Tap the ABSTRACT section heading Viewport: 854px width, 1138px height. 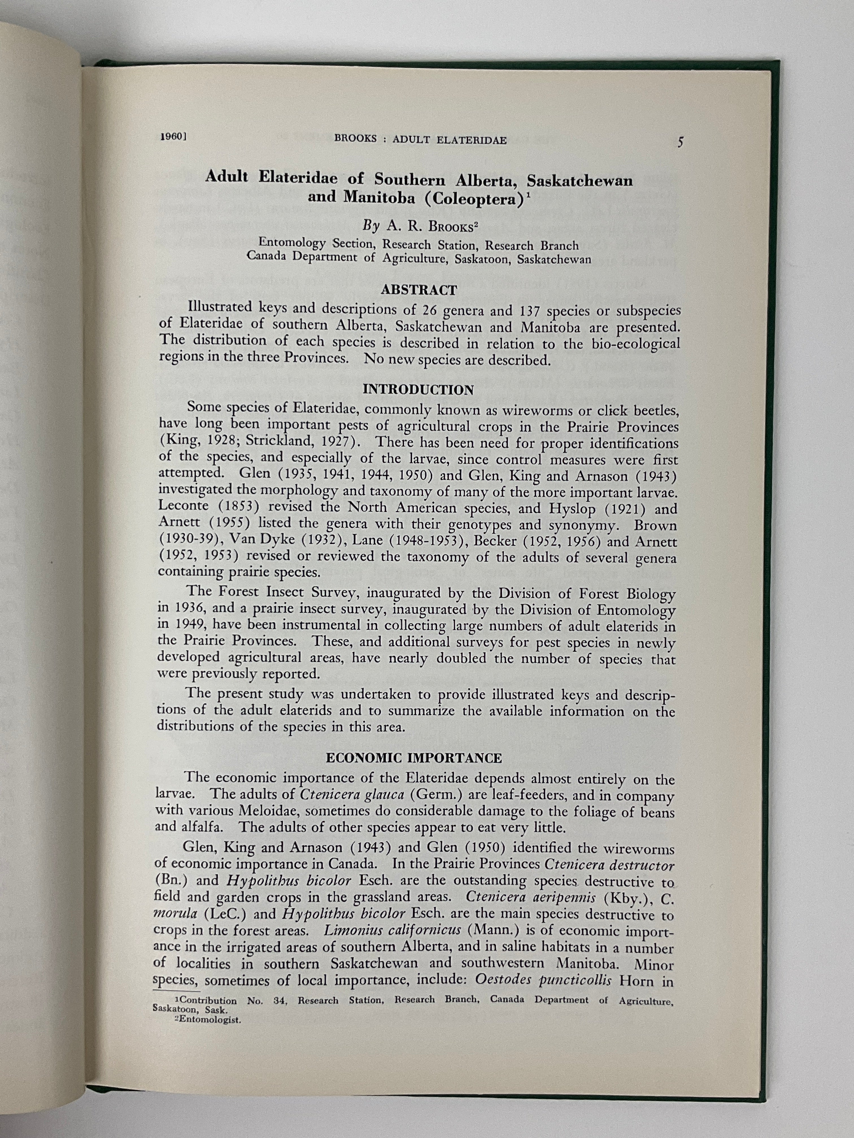click(419, 290)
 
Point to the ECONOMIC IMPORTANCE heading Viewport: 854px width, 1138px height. click(414, 758)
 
